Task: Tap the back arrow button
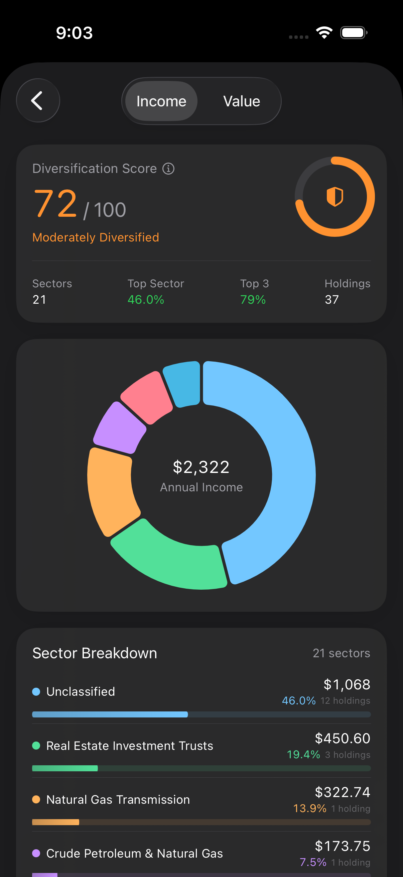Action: coord(38,100)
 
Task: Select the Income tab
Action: coord(161,101)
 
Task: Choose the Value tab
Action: coord(242,101)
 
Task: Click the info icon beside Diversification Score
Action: coord(168,169)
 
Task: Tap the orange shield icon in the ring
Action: coord(334,196)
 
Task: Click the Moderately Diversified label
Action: coord(96,237)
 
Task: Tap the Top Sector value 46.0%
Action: coord(146,300)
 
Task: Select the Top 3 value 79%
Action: coord(253,300)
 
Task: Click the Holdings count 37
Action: coord(331,300)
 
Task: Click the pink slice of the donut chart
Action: coord(147,397)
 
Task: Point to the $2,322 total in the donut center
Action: coord(201,467)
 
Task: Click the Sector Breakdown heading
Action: coord(95,653)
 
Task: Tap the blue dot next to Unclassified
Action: coord(36,692)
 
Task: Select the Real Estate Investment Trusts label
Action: coord(130,746)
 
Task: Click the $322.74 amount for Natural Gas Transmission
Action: coord(342,792)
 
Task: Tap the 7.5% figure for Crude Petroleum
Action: coord(312,862)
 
